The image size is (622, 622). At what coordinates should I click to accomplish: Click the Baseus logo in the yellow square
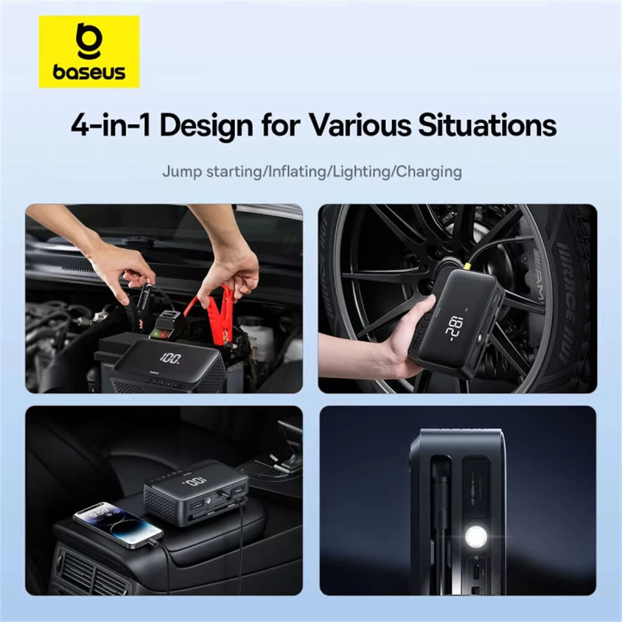[x=89, y=52]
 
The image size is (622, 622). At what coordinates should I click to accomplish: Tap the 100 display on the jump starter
[x=170, y=359]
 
